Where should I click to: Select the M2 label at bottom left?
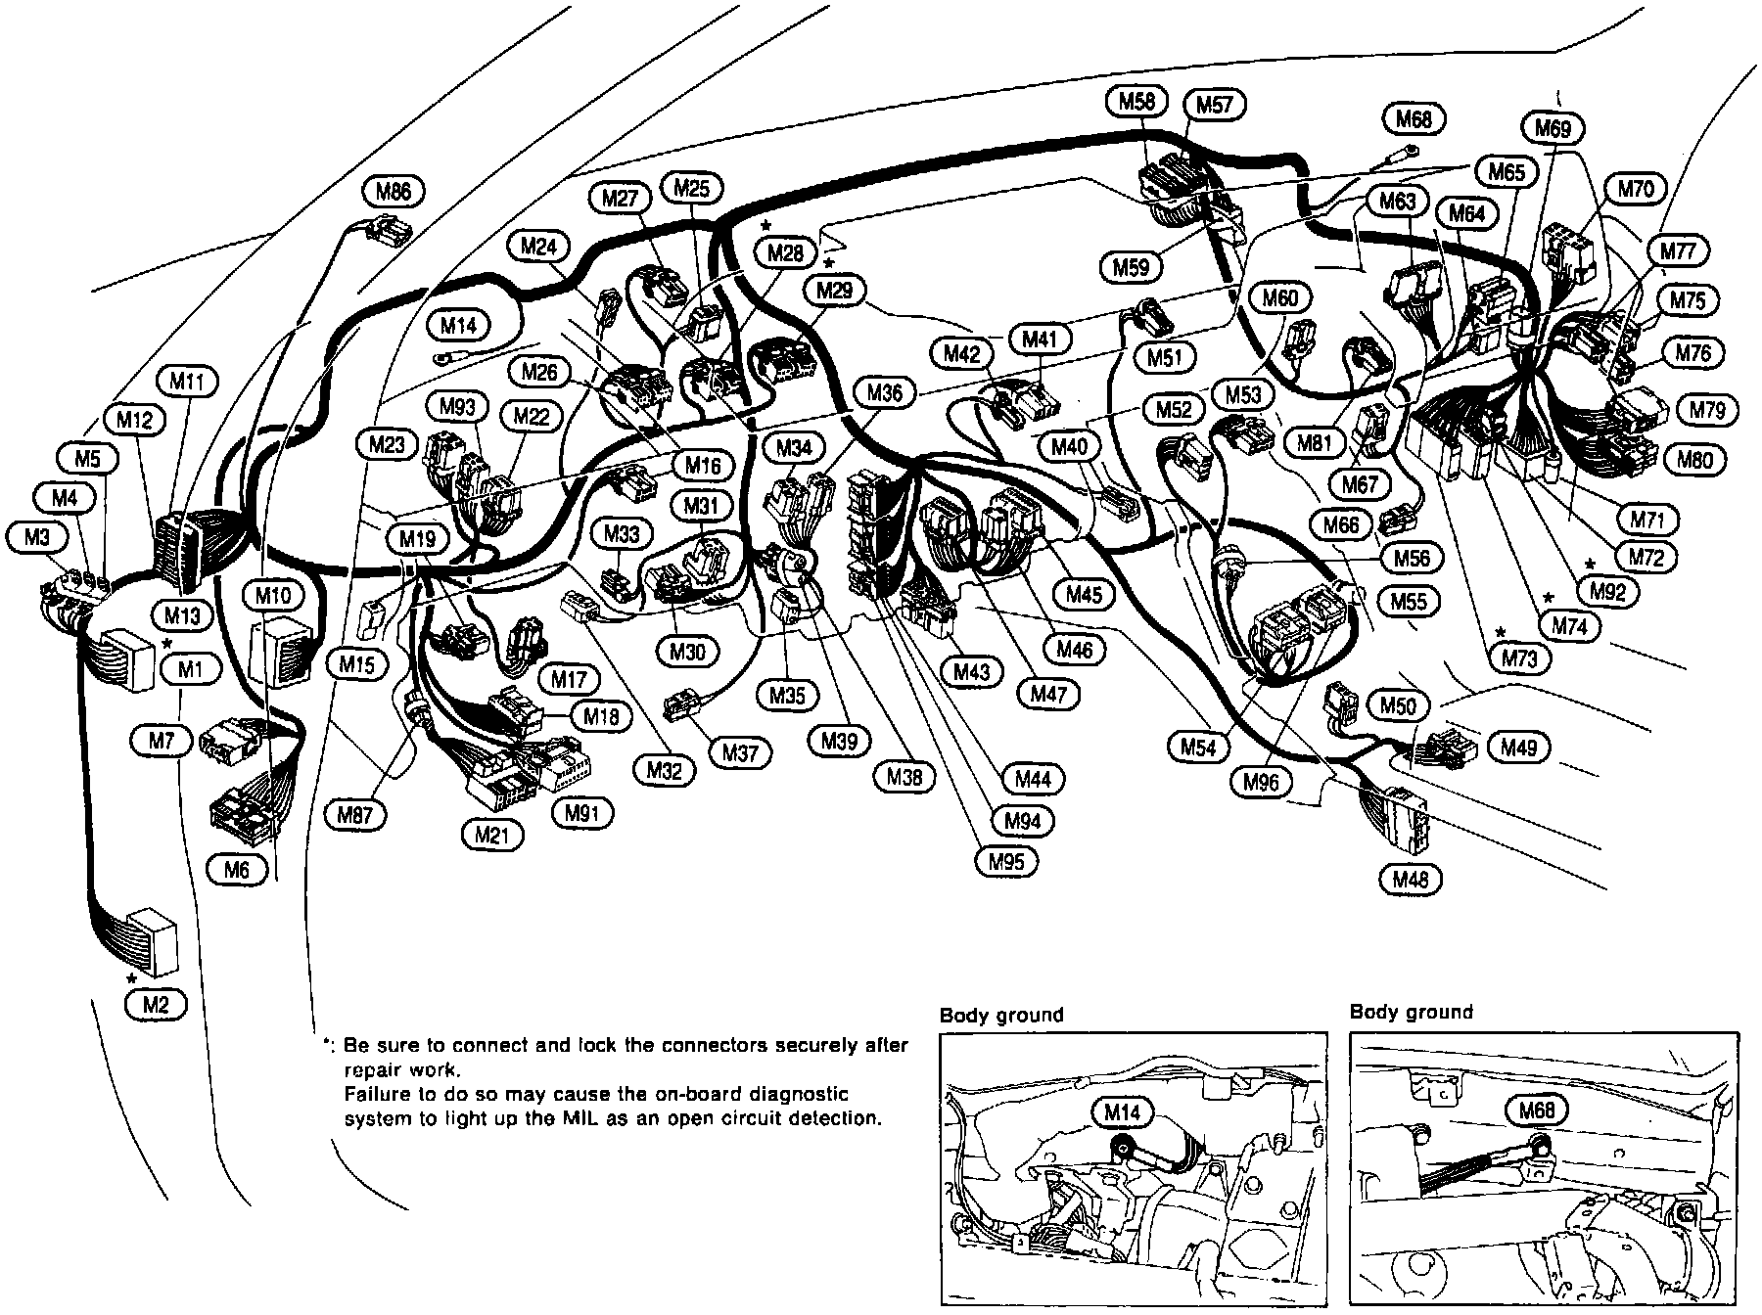pyautogui.click(x=156, y=1004)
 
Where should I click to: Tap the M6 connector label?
pyautogui.click(x=237, y=870)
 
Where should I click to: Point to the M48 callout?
pyautogui.click(x=1410, y=880)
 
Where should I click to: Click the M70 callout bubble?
pyautogui.click(x=1635, y=189)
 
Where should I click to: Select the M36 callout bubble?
pyautogui.click(x=885, y=393)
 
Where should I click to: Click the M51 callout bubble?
pyautogui.click(x=1165, y=357)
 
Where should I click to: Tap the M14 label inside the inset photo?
pyautogui.click(x=1123, y=1112)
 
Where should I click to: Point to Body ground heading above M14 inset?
pyautogui.click(x=1000, y=1015)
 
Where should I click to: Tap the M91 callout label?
pyautogui.click(x=581, y=812)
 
